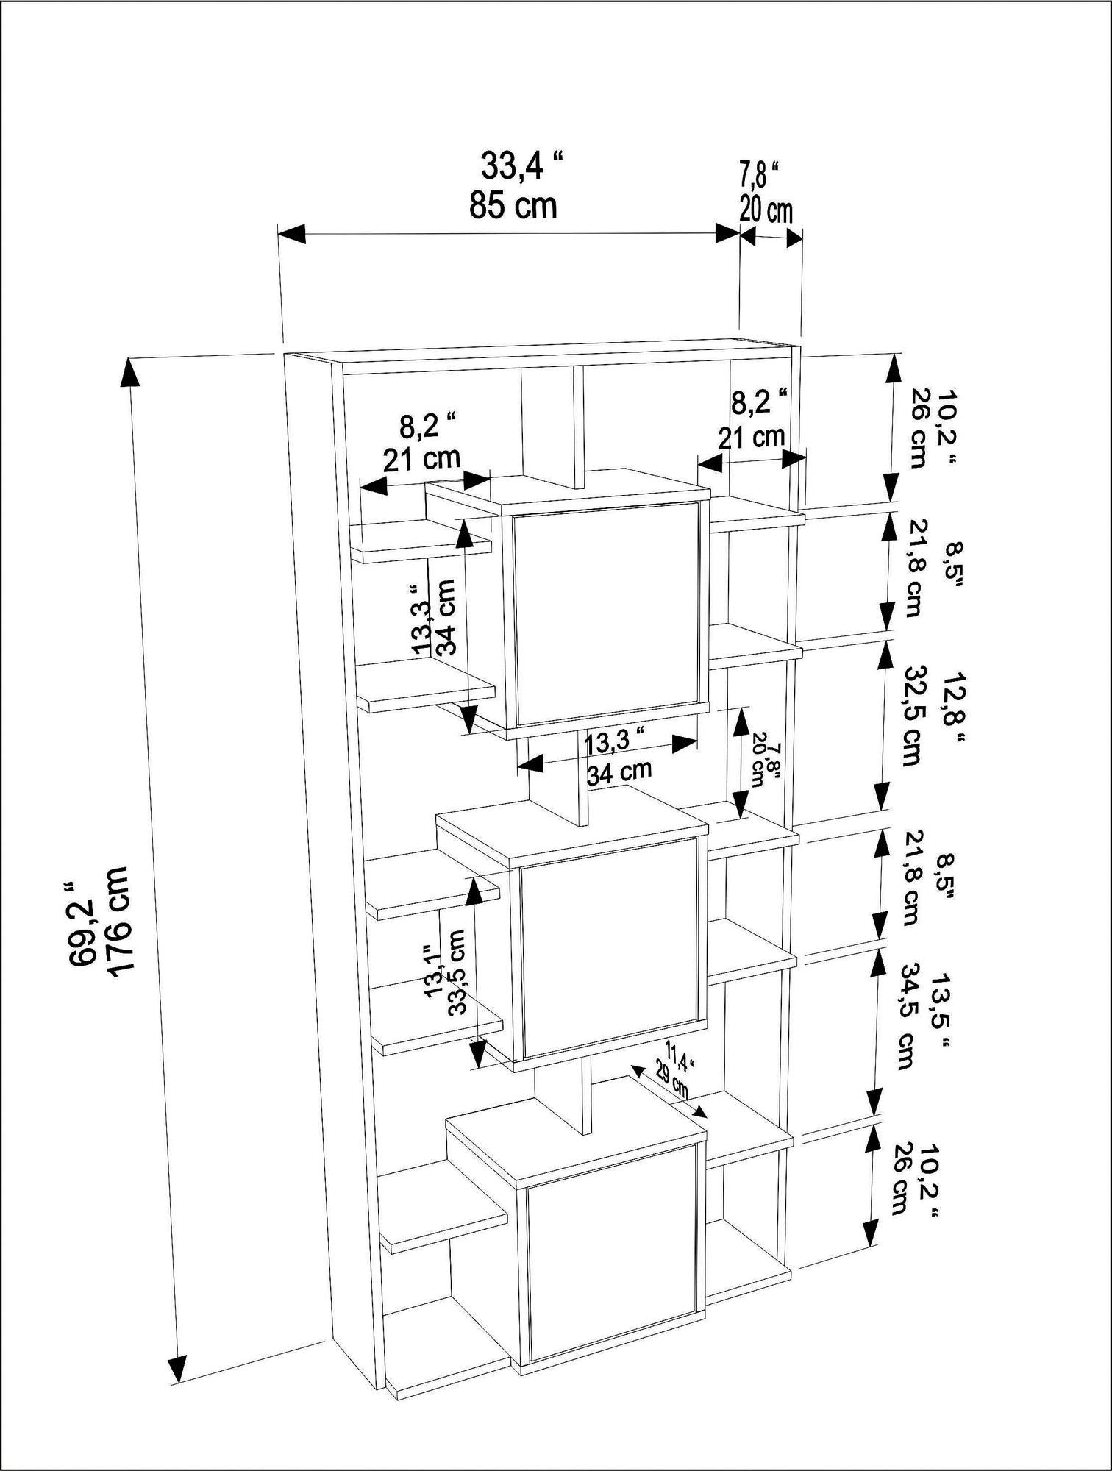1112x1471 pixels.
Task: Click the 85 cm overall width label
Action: pyautogui.click(x=513, y=204)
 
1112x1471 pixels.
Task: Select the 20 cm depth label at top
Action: pyautogui.click(x=766, y=211)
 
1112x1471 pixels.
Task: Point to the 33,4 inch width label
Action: pyautogui.click(x=523, y=166)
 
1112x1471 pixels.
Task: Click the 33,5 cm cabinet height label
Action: pyautogui.click(x=457, y=971)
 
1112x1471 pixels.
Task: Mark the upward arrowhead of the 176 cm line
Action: pyautogui.click(x=130, y=371)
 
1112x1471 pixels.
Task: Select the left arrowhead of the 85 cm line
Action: pyautogui.click(x=292, y=234)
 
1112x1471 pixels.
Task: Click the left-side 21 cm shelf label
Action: pyautogui.click(x=421, y=459)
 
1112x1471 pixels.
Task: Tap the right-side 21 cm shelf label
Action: pyautogui.click(x=752, y=437)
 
